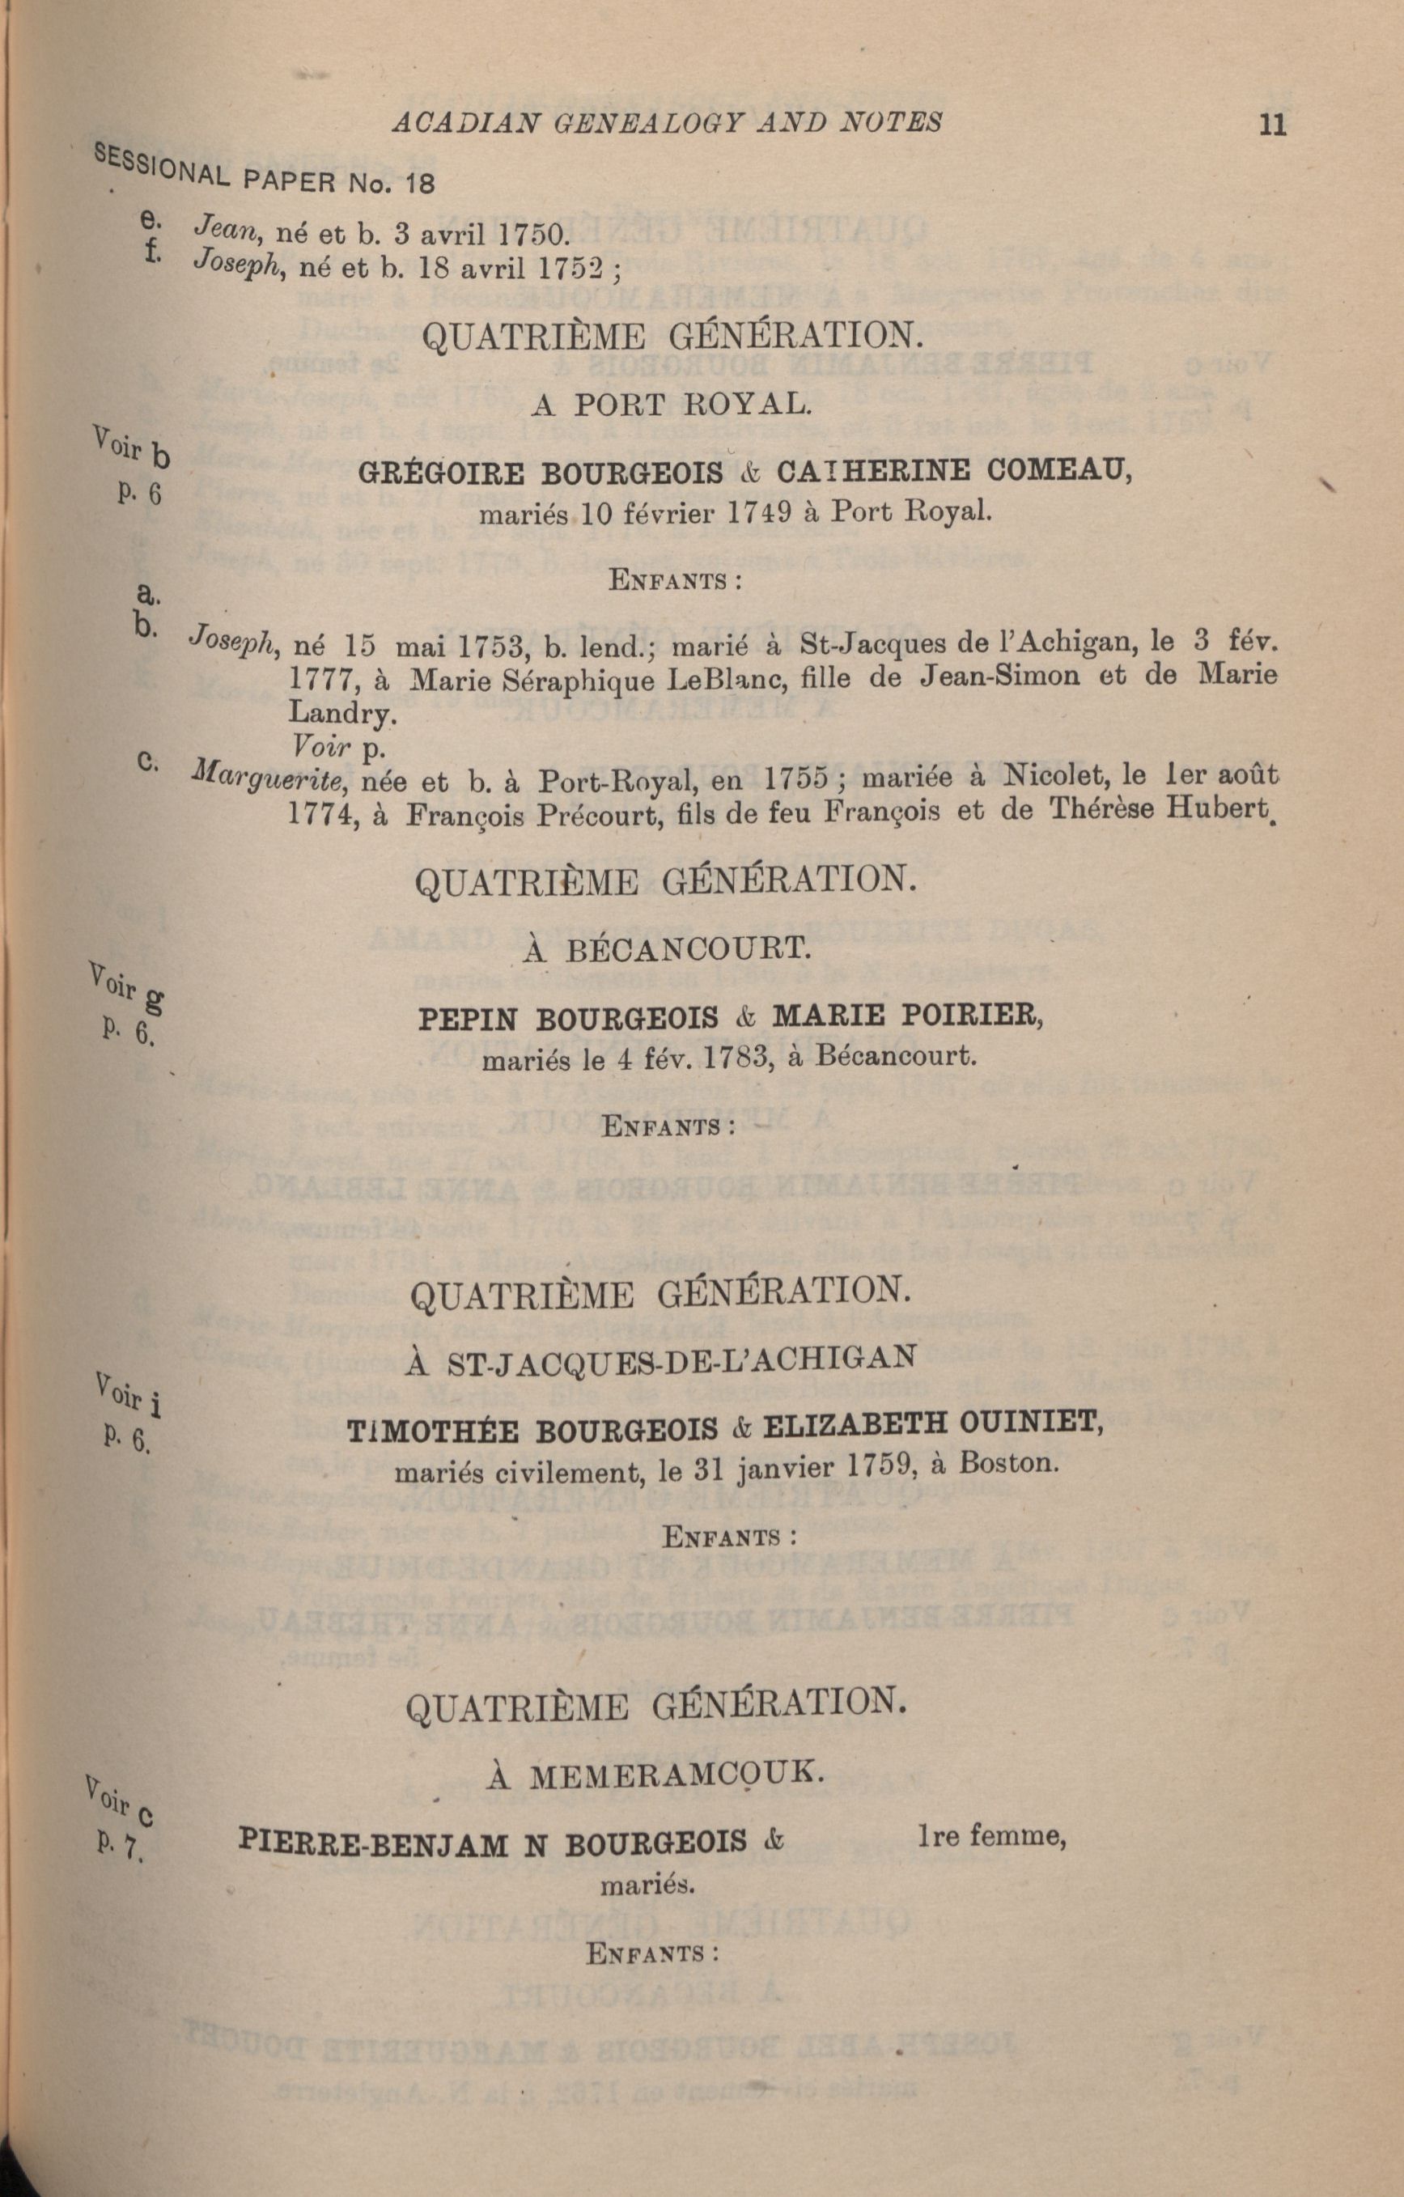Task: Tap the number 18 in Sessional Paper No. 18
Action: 420,184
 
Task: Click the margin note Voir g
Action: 128,990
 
